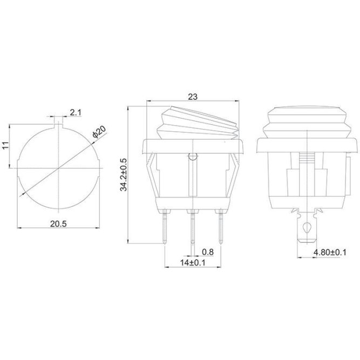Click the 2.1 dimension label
tap(76, 112)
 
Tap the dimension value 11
tap(5, 145)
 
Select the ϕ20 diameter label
tap(99, 132)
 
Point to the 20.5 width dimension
tap(58, 223)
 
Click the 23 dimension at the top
tap(193, 97)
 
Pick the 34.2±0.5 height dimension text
tap(124, 174)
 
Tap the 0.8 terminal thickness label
tap(208, 252)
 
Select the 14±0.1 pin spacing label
tap(193, 262)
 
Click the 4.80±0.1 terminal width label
tap(330, 252)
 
